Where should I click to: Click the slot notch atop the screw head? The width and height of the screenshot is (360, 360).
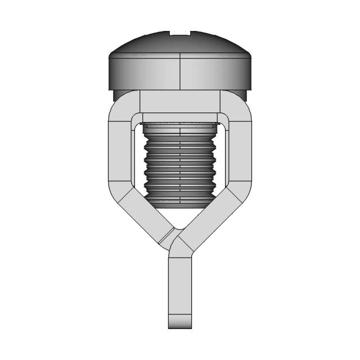pyautogui.click(x=180, y=33)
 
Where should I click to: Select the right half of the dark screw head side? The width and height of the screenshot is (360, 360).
pyautogui.click(x=217, y=73)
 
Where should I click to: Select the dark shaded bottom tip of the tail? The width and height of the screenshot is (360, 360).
pyautogui.click(x=180, y=323)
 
